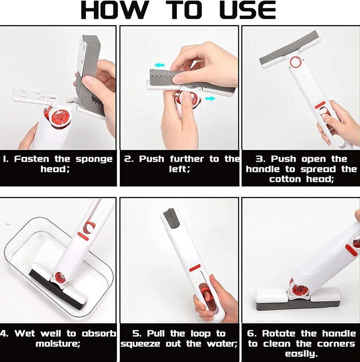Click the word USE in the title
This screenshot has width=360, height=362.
[248, 10]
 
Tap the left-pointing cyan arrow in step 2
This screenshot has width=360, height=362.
[160, 65]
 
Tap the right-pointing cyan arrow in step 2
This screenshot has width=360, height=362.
[210, 99]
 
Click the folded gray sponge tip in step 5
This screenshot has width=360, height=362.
[171, 217]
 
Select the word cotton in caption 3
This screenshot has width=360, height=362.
[285, 179]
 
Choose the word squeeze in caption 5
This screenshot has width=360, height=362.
[141, 344]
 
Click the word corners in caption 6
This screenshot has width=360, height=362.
[336, 344]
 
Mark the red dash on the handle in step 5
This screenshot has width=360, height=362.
[195, 268]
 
